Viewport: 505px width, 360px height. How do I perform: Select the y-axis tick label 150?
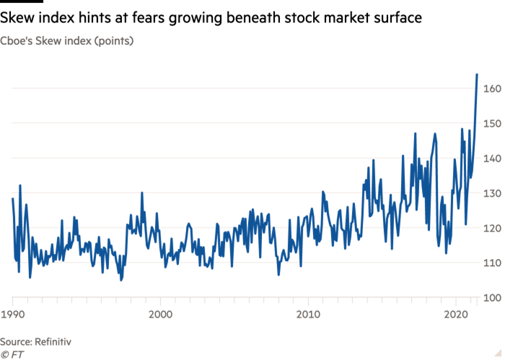(492, 124)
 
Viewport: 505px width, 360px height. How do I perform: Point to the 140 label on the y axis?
(492, 159)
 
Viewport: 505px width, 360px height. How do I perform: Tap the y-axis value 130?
(492, 193)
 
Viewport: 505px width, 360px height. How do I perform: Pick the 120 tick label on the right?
(492, 229)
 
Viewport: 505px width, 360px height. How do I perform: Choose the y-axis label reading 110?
(492, 263)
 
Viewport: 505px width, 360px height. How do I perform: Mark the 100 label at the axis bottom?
(492, 298)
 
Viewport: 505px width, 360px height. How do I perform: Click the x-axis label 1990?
(12, 315)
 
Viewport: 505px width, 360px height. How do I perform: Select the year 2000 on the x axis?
(160, 315)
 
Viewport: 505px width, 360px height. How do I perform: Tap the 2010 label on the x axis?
(308, 315)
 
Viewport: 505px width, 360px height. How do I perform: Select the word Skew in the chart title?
(53, 41)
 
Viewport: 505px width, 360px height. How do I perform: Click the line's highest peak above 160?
(477, 74)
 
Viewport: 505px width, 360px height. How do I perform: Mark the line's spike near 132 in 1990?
(20, 186)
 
